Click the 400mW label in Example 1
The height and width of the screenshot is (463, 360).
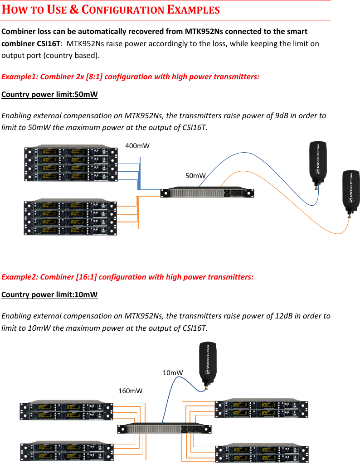137,146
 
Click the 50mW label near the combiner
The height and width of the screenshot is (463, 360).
196,175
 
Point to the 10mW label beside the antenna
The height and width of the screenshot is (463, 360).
173,372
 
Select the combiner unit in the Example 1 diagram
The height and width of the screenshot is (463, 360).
207,193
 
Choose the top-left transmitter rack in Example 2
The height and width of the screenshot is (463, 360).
66,411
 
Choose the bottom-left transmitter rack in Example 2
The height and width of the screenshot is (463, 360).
66,452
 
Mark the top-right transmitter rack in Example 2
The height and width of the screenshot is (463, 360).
261,410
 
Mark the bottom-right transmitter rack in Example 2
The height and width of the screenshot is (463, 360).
261,453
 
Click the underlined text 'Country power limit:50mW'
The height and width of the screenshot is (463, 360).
50,95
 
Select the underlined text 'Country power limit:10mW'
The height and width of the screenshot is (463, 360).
50,295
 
